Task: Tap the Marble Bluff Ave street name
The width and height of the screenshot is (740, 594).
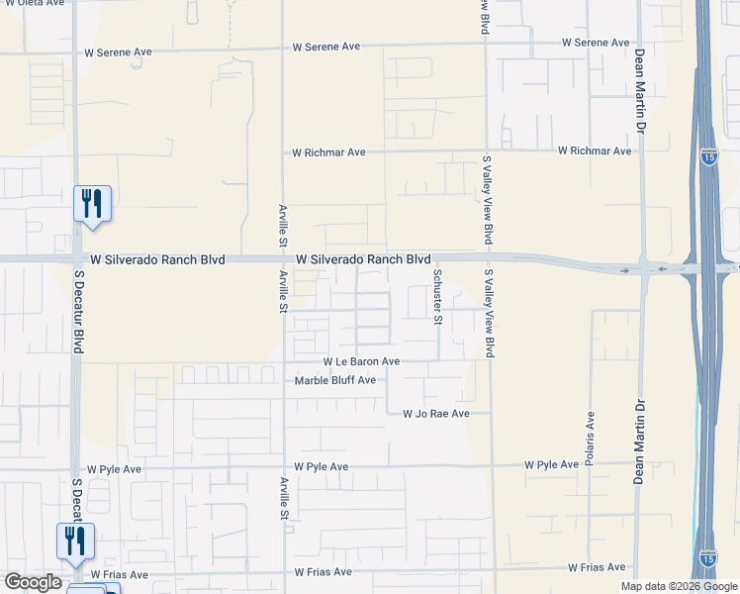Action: coord(335,380)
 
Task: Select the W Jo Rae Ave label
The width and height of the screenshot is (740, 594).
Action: coord(435,414)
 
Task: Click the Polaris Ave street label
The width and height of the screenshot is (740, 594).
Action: coord(591,439)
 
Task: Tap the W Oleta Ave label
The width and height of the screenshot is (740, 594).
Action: coord(34,4)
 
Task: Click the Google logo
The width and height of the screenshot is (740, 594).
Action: coord(33,582)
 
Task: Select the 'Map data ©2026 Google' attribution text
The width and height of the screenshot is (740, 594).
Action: coord(679,586)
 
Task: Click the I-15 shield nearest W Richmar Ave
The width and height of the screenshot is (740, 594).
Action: coord(709,157)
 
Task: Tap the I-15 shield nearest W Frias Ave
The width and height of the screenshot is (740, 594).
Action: coord(708,560)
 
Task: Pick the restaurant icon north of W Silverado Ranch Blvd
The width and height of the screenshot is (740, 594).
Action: coord(92,204)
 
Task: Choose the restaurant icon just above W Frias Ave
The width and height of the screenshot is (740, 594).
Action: coord(75,541)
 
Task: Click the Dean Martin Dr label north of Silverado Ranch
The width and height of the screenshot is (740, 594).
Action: coord(640,92)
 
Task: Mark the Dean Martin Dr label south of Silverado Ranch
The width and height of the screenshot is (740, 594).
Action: coord(638,441)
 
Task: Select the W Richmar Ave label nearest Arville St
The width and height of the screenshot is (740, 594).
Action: coord(329,152)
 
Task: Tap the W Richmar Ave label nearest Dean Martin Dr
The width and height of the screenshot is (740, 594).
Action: coord(594,151)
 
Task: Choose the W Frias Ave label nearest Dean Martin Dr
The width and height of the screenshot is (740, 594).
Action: coord(597,567)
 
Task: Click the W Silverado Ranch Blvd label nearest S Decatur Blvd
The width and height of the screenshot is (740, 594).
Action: coord(157,259)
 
